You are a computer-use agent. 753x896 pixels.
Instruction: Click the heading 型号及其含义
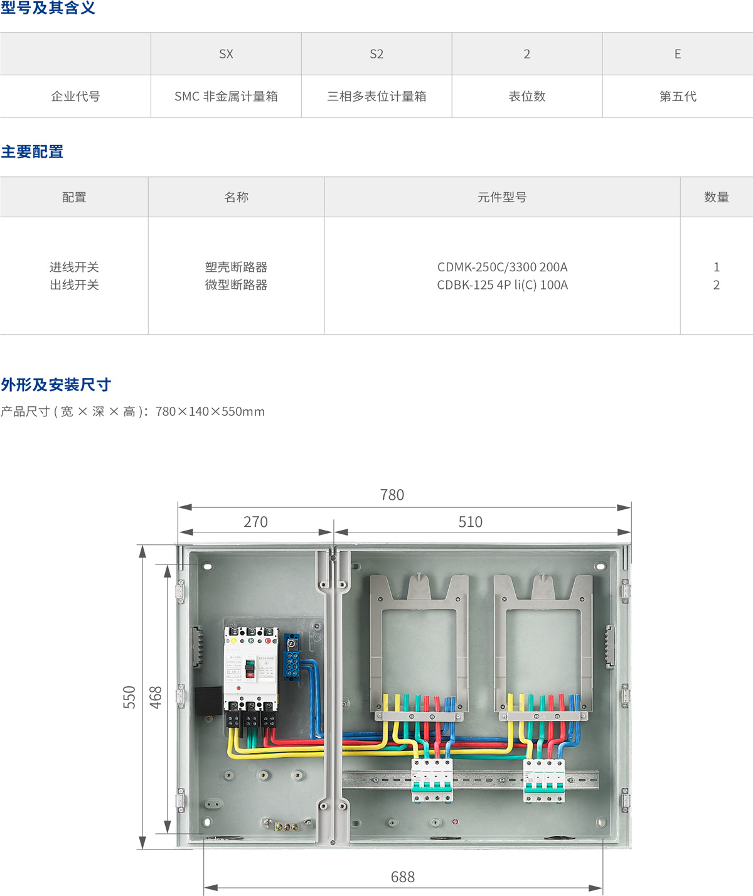[x=48, y=8]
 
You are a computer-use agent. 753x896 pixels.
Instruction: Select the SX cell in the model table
[x=226, y=54]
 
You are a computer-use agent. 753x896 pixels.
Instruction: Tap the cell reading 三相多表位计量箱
[x=376, y=96]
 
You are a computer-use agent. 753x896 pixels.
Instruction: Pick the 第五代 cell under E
[x=678, y=96]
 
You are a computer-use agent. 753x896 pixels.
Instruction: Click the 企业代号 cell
[x=75, y=96]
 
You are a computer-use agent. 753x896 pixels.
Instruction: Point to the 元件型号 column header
[x=502, y=197]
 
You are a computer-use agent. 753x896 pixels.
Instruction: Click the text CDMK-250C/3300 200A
[x=502, y=267]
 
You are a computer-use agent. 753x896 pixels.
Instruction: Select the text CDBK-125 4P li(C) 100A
[x=502, y=285]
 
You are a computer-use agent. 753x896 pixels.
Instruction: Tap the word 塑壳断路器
[x=236, y=267]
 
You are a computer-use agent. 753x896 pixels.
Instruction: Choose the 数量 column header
[x=717, y=197]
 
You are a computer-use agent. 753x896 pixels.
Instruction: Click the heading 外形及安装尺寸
[x=56, y=384]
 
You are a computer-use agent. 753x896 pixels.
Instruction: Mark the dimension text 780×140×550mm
[x=210, y=412]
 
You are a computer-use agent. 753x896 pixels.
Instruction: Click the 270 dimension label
[x=255, y=522]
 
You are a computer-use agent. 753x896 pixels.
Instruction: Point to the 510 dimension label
[x=470, y=522]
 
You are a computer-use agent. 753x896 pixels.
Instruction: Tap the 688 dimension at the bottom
[x=403, y=877]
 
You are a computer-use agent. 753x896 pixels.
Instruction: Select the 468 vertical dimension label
[x=156, y=698]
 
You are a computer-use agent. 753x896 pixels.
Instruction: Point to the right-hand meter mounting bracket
[x=543, y=647]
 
